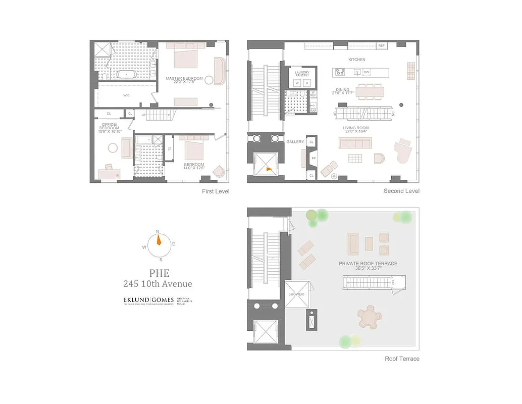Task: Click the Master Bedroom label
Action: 184,78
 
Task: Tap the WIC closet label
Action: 127,94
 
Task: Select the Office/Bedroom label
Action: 110,125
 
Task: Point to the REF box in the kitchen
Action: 382,46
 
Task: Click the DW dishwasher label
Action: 367,72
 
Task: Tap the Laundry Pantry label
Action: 301,74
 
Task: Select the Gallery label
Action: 295,142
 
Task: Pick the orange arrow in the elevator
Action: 269,170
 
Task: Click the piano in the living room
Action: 403,151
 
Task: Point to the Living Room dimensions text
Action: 356,132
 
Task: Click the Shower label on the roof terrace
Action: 296,294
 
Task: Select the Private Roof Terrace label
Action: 368,264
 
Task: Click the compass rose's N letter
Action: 158,231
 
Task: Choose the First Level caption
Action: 216,191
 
